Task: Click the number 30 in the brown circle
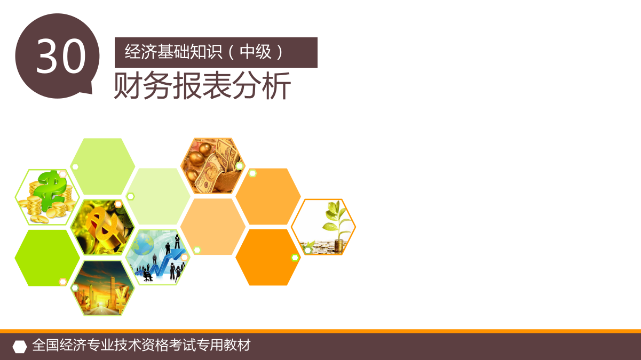61,56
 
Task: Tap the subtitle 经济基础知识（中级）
204,52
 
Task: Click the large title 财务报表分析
202,85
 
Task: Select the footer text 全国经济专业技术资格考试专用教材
141,345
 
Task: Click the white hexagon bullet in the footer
20,347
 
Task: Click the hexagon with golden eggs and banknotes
213,166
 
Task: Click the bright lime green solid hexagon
47,258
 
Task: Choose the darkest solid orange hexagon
268,258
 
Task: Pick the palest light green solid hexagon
157,196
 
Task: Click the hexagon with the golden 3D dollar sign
102,227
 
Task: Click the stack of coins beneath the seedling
339,246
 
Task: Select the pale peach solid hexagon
213,227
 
